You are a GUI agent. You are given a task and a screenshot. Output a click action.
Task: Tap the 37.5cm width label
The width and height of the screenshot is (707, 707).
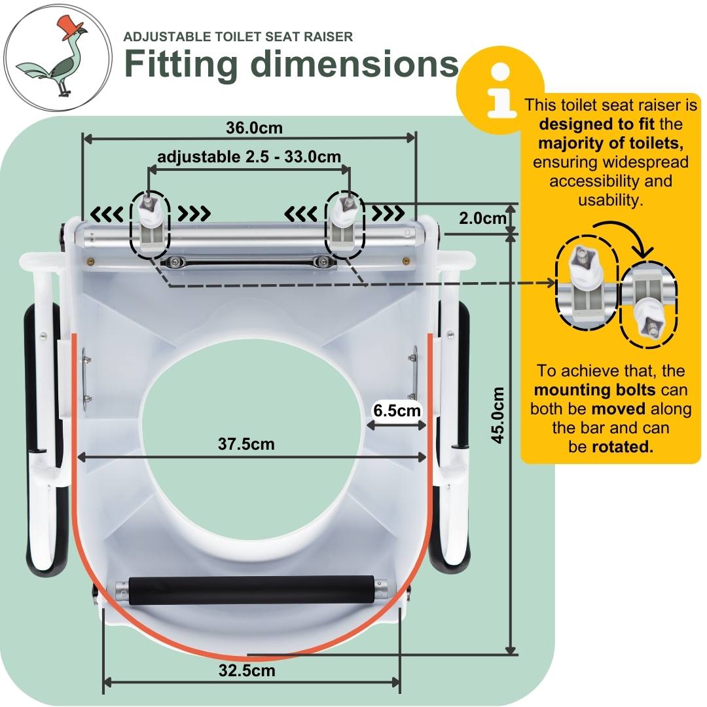[246, 444]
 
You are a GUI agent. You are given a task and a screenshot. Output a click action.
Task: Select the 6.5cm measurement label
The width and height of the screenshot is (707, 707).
[395, 410]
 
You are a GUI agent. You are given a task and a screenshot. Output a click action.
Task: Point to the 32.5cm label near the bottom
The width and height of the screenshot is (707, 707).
[247, 670]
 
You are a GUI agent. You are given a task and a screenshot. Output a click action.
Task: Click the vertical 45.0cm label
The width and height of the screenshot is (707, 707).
[498, 415]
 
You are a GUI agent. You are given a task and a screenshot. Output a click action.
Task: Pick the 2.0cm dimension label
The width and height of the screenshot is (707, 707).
[482, 218]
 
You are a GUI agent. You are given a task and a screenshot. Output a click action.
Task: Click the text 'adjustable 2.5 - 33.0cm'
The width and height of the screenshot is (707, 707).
[249, 157]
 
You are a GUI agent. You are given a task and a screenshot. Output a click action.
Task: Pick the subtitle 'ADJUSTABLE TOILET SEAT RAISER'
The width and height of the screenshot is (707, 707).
[238, 37]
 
